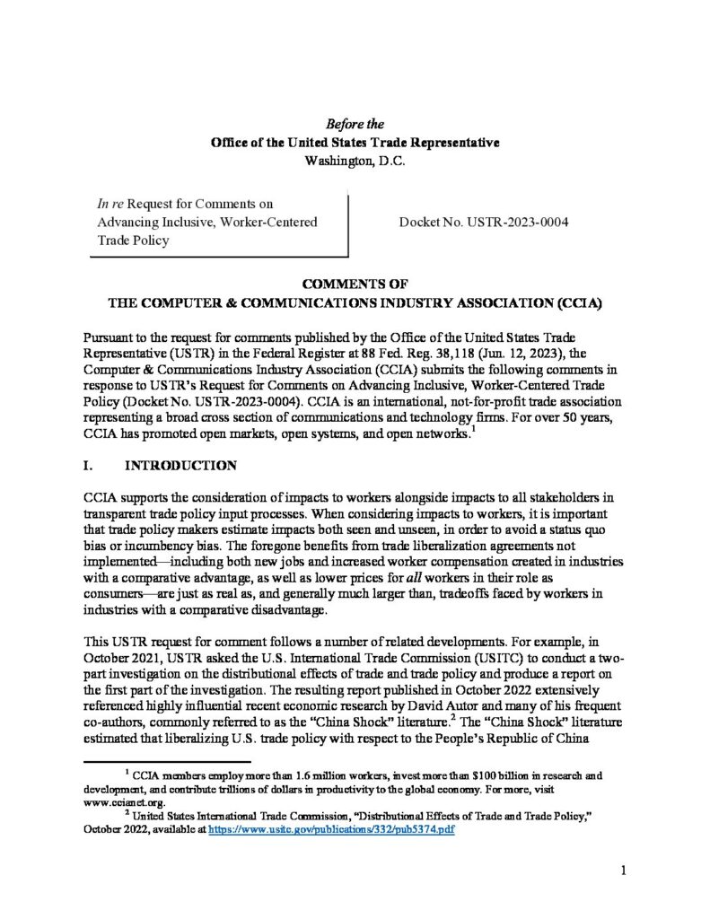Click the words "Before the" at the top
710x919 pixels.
click(355, 124)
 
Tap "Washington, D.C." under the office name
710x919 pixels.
click(355, 162)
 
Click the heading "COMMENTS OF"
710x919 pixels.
click(355, 284)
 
